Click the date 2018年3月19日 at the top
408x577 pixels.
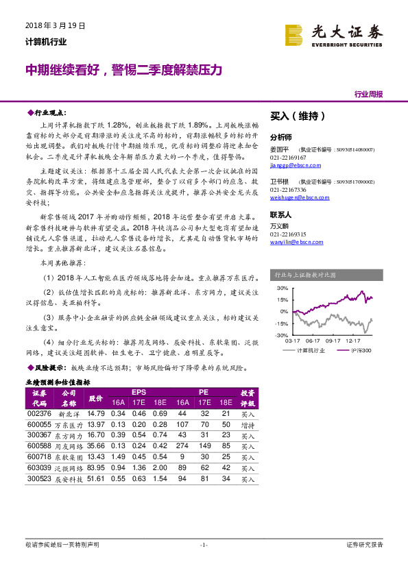pyautogui.click(x=55, y=26)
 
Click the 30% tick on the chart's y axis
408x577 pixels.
pyautogui.click(x=283, y=289)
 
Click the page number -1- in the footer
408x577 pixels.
pyautogui.click(x=204, y=545)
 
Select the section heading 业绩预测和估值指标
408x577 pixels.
pyautogui.click(x=58, y=382)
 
